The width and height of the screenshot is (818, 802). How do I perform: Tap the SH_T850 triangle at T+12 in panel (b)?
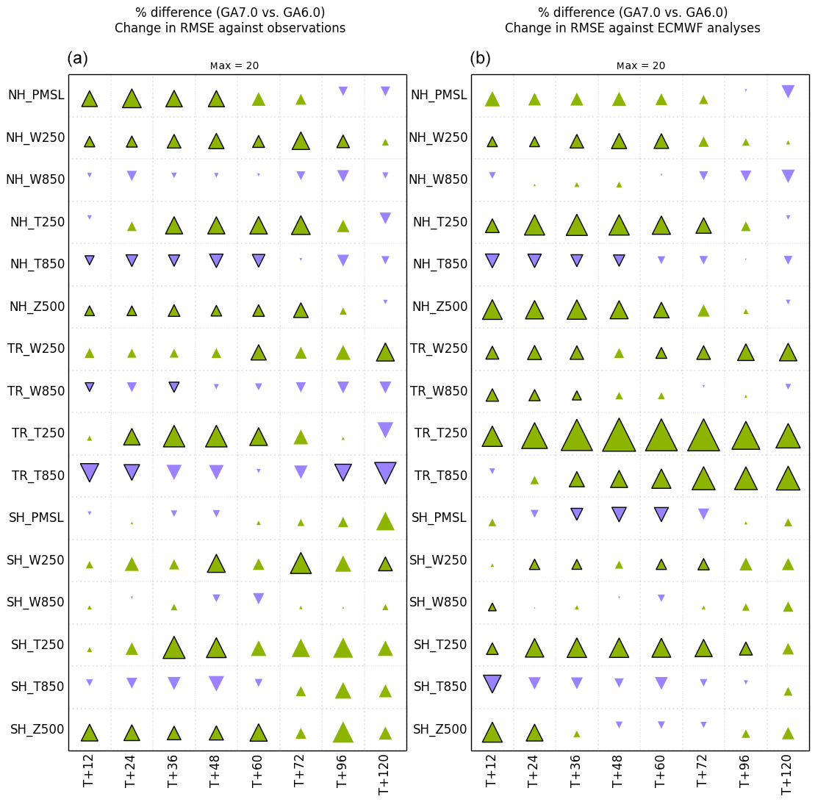click(492, 682)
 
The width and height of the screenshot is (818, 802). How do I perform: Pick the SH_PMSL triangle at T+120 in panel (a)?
click(385, 522)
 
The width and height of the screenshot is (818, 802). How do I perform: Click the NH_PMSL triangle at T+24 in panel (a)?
click(132, 99)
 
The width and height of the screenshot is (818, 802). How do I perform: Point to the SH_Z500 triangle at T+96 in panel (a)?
click(342, 733)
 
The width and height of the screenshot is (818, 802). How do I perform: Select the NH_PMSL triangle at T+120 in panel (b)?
click(788, 91)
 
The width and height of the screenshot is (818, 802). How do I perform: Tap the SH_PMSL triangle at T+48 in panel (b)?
click(619, 514)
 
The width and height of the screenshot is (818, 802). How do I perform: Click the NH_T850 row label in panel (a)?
click(37, 264)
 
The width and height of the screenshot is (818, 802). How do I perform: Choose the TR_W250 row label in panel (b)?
click(439, 348)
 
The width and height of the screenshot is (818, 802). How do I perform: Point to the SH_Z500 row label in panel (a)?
click(37, 729)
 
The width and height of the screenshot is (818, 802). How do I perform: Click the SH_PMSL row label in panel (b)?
click(440, 518)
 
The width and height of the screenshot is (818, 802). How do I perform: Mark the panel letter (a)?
click(77, 59)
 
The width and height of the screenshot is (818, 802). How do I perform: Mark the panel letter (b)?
click(480, 59)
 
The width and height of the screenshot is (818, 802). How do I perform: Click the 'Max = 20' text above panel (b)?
click(640, 65)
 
